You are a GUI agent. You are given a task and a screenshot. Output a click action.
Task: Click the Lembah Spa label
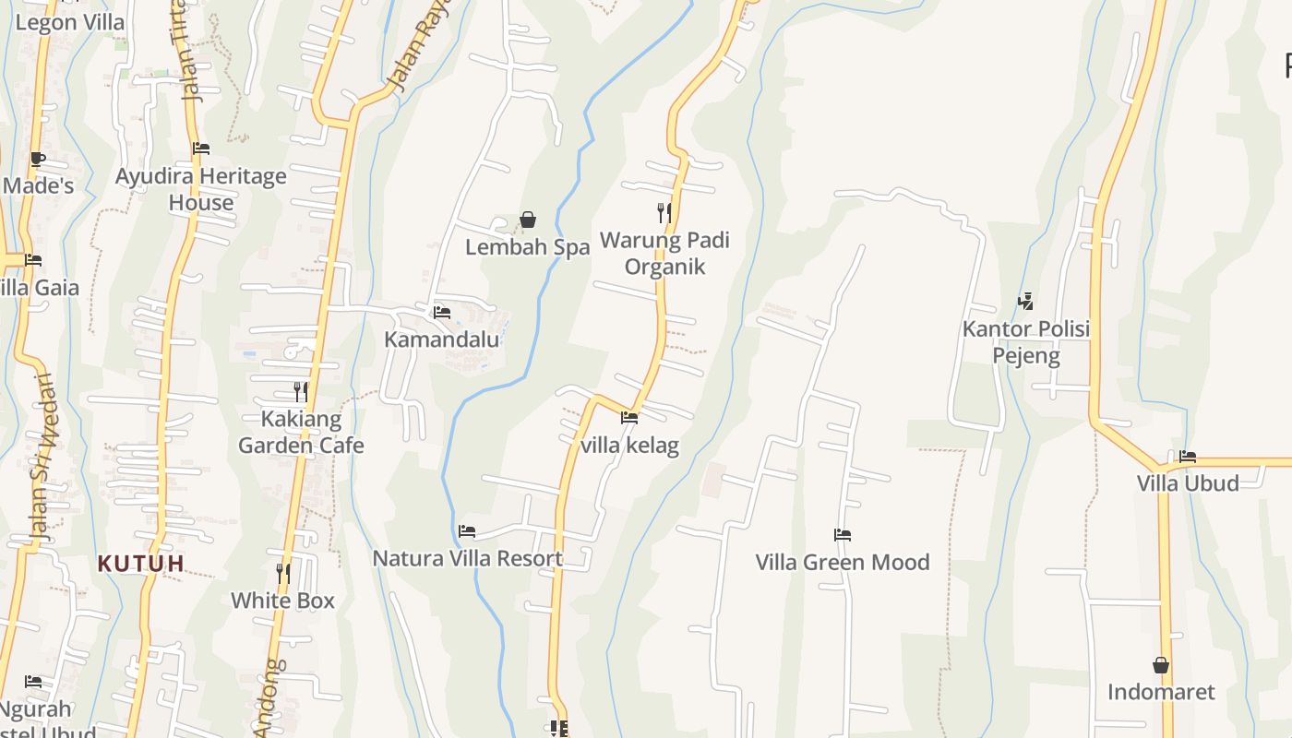pos(527,247)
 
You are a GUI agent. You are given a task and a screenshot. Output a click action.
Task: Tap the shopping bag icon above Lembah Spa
pos(528,220)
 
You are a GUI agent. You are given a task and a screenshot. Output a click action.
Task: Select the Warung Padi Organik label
pos(664,254)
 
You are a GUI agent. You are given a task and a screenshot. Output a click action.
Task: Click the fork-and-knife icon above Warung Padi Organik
pos(664,213)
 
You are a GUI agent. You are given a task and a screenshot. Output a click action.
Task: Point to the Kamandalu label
pos(442,339)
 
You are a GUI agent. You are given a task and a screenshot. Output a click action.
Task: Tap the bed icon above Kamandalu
pos(442,313)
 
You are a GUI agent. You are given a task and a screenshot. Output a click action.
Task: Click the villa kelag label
pos(630,446)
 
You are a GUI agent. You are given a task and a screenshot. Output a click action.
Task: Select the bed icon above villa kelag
pos(629,418)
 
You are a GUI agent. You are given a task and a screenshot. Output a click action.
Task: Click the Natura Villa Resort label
pos(467,558)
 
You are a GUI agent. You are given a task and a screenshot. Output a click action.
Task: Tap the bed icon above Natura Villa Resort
pos(467,531)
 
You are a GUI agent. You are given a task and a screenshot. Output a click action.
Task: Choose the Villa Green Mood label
pos(843,562)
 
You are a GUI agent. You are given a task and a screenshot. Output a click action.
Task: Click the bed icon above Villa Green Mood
pos(843,535)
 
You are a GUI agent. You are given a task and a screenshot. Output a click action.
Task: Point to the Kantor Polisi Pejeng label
pos(1026,342)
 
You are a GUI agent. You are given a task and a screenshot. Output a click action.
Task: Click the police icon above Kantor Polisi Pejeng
pos(1025,301)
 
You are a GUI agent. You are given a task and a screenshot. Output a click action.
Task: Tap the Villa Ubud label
pos(1188,483)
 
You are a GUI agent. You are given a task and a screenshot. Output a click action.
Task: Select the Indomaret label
pos(1161,692)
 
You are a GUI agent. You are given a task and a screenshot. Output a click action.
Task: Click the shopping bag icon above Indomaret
pos(1161,665)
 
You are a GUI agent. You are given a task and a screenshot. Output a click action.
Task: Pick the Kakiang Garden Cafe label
pos(301,433)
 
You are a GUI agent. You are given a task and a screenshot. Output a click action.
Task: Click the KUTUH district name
pos(141,563)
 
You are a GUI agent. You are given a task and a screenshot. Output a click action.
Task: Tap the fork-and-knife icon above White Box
pos(283,573)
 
